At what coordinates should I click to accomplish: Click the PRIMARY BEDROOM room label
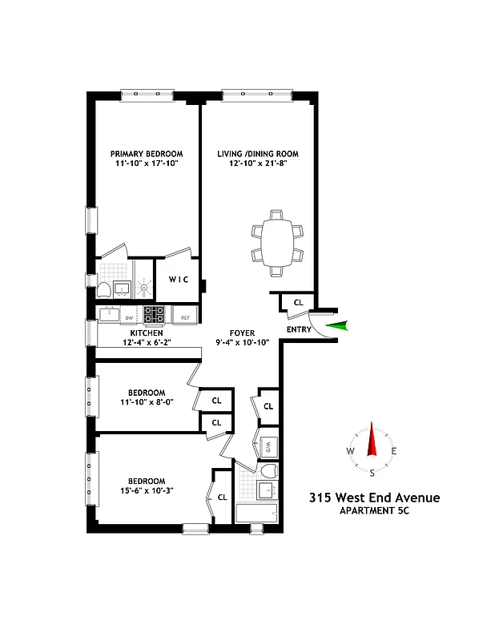[x=147, y=154]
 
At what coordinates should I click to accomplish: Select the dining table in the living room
[x=277, y=239]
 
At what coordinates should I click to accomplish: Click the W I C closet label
[x=178, y=280]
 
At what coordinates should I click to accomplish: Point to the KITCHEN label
[x=147, y=333]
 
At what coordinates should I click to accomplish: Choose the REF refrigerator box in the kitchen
[x=185, y=317]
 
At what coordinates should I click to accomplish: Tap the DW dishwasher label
[x=128, y=318]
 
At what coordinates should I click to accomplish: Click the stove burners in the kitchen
[x=154, y=314]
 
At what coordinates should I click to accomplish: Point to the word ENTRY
[x=299, y=329]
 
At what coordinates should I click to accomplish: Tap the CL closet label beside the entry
[x=298, y=303]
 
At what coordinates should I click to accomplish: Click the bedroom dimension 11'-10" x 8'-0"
[x=147, y=403]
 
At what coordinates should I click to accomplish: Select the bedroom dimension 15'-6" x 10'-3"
[x=147, y=491]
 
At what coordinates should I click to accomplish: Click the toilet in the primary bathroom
[x=104, y=289]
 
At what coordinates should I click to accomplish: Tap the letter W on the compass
[x=350, y=451]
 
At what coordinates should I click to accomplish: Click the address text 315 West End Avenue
[x=374, y=498]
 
